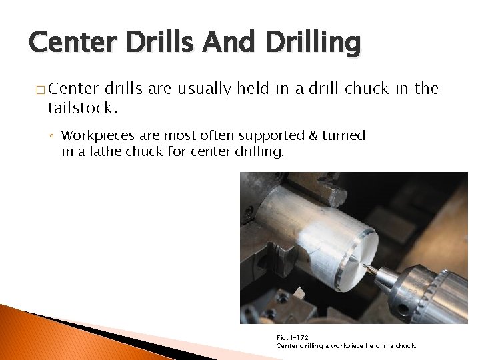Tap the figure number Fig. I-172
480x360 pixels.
click(x=292, y=337)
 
